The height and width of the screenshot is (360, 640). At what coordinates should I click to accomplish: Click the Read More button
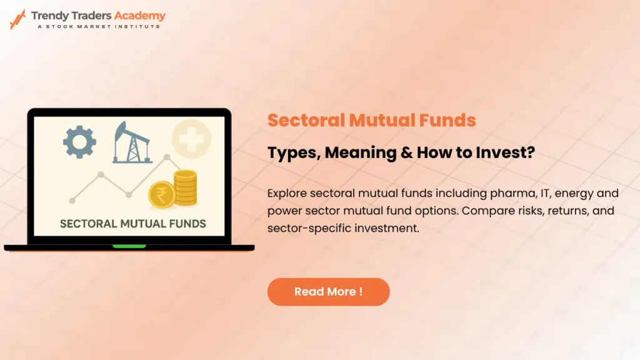click(x=328, y=292)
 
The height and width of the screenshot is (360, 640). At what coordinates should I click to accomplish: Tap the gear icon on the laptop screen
click(x=79, y=141)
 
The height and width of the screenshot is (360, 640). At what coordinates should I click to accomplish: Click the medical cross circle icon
click(x=191, y=137)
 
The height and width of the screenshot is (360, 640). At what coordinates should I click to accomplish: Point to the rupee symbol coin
click(x=162, y=194)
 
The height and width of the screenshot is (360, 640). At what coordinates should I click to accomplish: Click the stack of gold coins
click(x=186, y=188)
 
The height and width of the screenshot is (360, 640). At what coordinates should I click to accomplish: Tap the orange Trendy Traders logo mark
click(x=17, y=19)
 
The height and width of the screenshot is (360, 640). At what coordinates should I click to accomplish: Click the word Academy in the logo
click(x=140, y=16)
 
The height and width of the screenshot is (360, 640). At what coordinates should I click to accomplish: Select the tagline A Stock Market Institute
click(x=98, y=26)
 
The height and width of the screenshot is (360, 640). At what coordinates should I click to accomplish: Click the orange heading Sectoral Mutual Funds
click(x=371, y=120)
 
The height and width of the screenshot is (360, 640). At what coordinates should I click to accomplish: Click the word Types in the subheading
click(x=291, y=152)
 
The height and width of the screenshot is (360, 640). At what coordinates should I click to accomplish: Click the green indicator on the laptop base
click(x=129, y=247)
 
